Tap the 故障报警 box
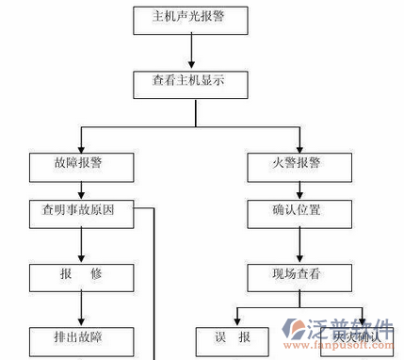tap(81, 165)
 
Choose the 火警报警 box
tap(298, 165)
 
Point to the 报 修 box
tap(81, 277)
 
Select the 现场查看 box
tap(298, 277)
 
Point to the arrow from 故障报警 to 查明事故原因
tap(81, 188)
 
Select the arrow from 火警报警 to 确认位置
tap(298, 188)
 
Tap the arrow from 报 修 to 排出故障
tap(81, 308)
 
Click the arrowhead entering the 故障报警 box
tap(81, 147)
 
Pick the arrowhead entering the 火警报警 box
tap(298, 147)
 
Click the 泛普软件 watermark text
tap(349, 329)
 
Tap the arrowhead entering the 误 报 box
tap(234, 321)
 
